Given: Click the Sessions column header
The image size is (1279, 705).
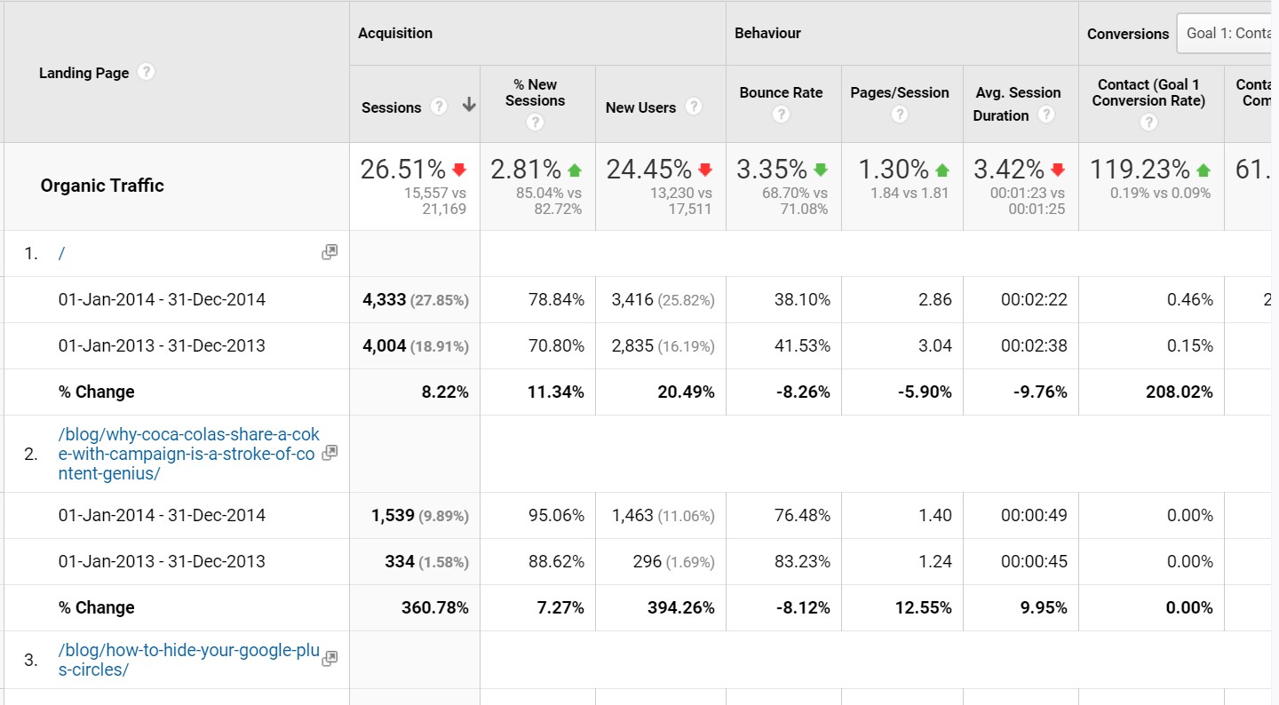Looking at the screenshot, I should pos(391,107).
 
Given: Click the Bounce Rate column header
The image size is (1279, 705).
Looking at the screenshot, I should pos(781,92).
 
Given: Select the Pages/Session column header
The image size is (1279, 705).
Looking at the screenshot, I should pos(899,92).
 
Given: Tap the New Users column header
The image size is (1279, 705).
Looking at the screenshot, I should pos(640,107).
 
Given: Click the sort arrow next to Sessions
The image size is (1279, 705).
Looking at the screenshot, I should pos(469,106).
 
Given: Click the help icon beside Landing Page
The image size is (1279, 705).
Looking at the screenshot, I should pos(147,72).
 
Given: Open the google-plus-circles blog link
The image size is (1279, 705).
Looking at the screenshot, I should pos(188,660).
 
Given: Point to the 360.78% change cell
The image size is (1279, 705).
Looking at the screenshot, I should pos(434,608).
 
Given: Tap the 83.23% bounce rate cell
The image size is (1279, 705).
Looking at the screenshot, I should pos(802,562).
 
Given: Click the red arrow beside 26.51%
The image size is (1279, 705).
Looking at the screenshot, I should pos(459,170).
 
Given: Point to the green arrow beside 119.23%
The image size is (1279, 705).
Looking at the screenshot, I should pos(1204,170).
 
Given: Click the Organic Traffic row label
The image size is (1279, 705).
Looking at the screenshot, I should pos(102,186).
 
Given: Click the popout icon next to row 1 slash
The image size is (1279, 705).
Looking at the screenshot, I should pos(330,252).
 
